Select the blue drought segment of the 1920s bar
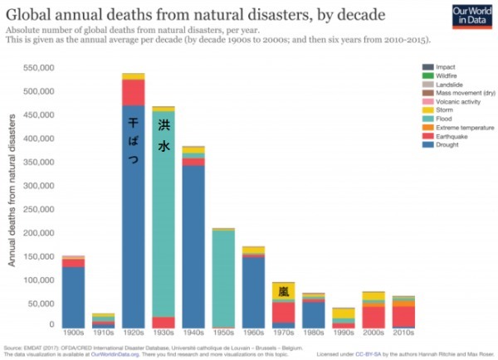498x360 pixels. (133, 249)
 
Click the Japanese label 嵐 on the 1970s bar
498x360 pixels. (284, 292)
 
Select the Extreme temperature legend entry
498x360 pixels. (461, 128)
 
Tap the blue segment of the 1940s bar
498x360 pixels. (193, 249)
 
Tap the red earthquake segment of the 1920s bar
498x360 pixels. (133, 91)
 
